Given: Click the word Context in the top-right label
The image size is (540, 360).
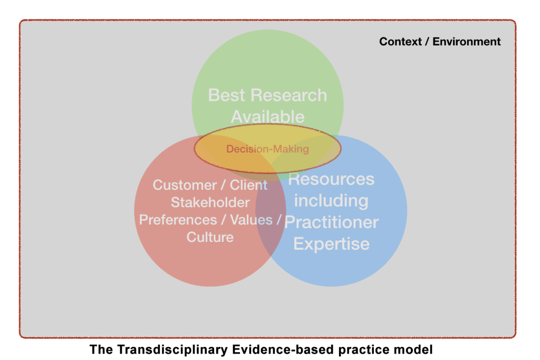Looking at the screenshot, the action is [400, 42].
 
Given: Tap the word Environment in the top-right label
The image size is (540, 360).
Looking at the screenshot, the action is [467, 42].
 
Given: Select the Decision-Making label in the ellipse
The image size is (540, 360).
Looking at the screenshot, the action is [267, 149].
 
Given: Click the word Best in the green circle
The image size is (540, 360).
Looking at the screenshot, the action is [227, 95].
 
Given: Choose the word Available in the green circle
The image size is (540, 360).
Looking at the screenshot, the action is [267, 117].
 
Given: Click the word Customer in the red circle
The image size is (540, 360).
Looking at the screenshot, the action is [185, 185].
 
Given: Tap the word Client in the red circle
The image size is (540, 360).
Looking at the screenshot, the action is [249, 185].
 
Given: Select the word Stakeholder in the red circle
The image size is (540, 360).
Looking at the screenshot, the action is [210, 203].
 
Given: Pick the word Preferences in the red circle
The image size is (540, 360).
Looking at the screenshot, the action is [178, 220].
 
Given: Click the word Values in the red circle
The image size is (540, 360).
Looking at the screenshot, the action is [252, 220].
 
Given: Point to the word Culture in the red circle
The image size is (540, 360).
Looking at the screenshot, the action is [210, 238].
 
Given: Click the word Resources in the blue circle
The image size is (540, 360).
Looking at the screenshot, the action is [331, 179].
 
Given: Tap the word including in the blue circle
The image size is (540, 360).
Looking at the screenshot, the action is [331, 201].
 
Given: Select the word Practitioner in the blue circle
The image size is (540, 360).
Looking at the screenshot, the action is [331, 222].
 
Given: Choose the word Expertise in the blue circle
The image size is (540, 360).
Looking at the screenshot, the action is [331, 244].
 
